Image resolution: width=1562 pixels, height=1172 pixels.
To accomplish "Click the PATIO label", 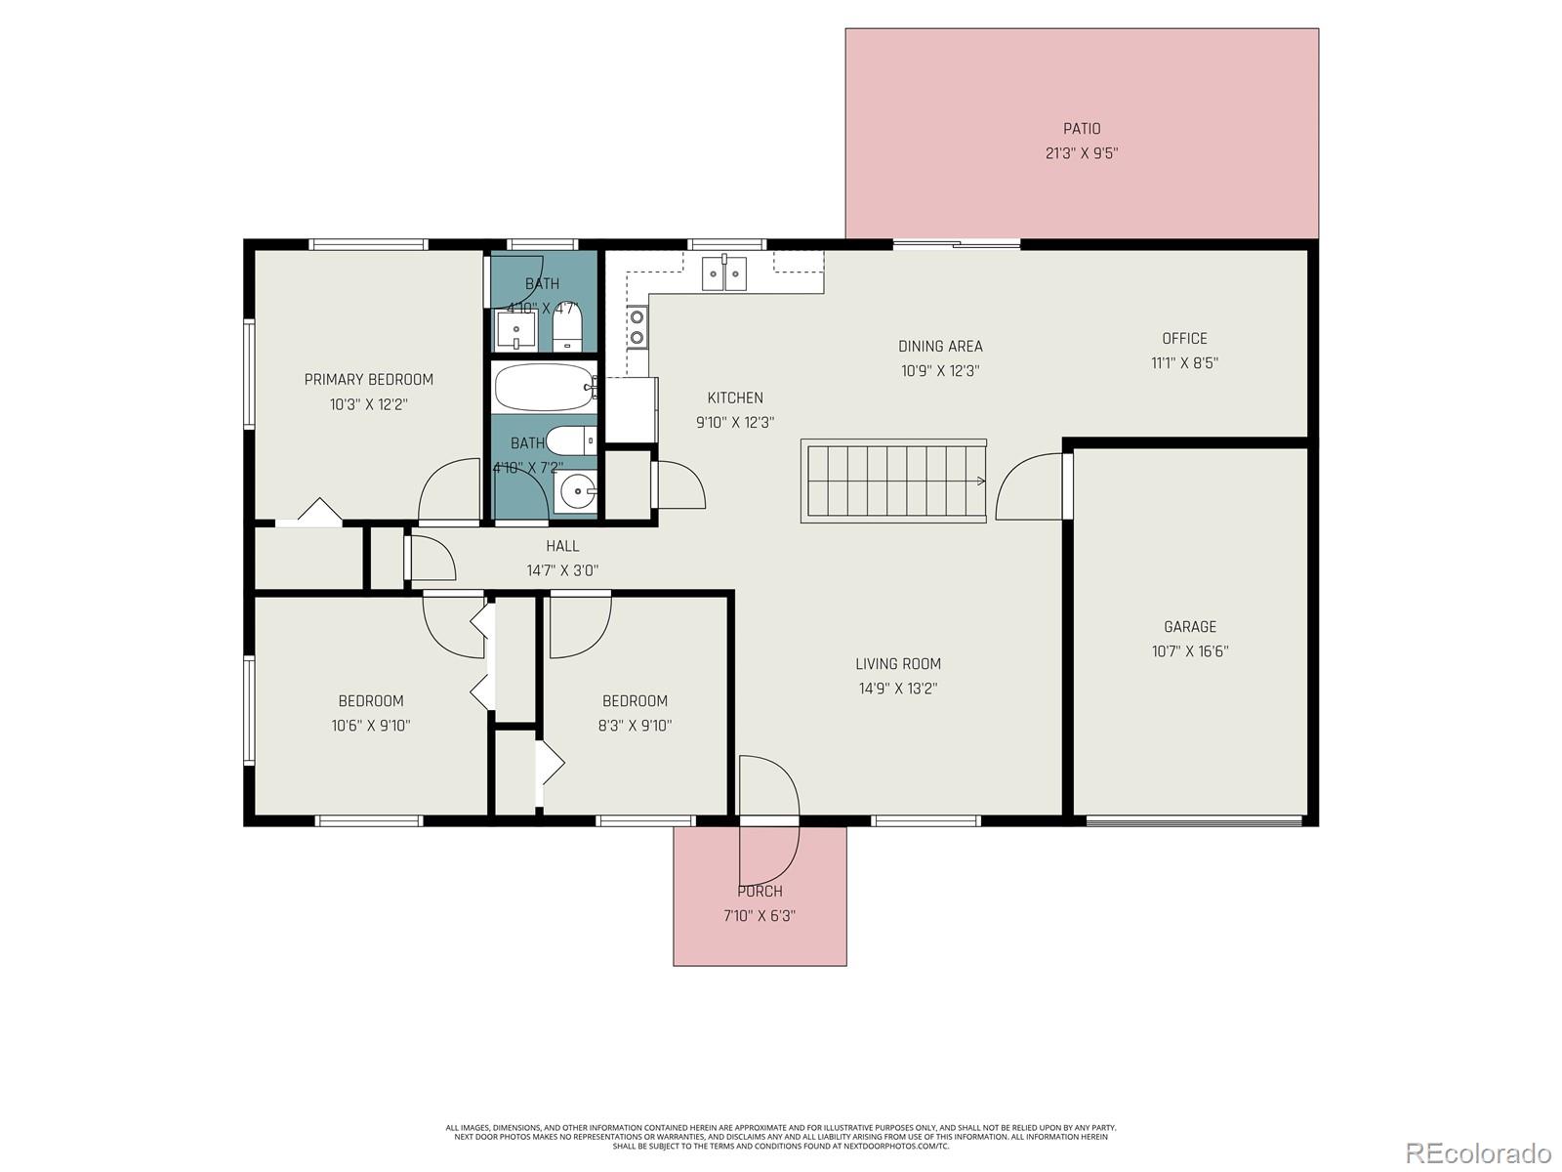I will (1082, 128).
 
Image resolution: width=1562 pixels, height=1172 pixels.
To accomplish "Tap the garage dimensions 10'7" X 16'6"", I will (1190, 651).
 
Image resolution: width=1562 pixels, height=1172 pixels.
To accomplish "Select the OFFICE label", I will (1184, 338).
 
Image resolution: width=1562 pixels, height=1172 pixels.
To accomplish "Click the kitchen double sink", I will (723, 273).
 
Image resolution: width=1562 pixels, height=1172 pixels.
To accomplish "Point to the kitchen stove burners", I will (637, 327).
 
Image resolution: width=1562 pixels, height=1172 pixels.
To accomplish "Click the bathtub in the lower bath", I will (544, 388).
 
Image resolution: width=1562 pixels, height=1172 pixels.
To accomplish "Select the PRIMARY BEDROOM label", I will (368, 379).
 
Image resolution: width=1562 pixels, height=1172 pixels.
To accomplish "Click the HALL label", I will (562, 546).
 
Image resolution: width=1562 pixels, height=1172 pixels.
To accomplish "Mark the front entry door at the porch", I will (769, 820).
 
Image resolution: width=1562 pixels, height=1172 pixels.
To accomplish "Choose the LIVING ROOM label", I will (898, 663).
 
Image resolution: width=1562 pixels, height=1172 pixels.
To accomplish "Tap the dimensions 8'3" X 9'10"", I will (636, 726).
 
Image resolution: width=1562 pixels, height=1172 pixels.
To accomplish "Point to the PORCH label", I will (760, 891).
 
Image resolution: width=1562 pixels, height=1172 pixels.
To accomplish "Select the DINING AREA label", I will (940, 346).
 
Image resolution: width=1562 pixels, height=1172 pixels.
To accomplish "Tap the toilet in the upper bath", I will (567, 327).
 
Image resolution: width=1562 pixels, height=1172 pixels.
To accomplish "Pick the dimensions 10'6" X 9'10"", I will (371, 726).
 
